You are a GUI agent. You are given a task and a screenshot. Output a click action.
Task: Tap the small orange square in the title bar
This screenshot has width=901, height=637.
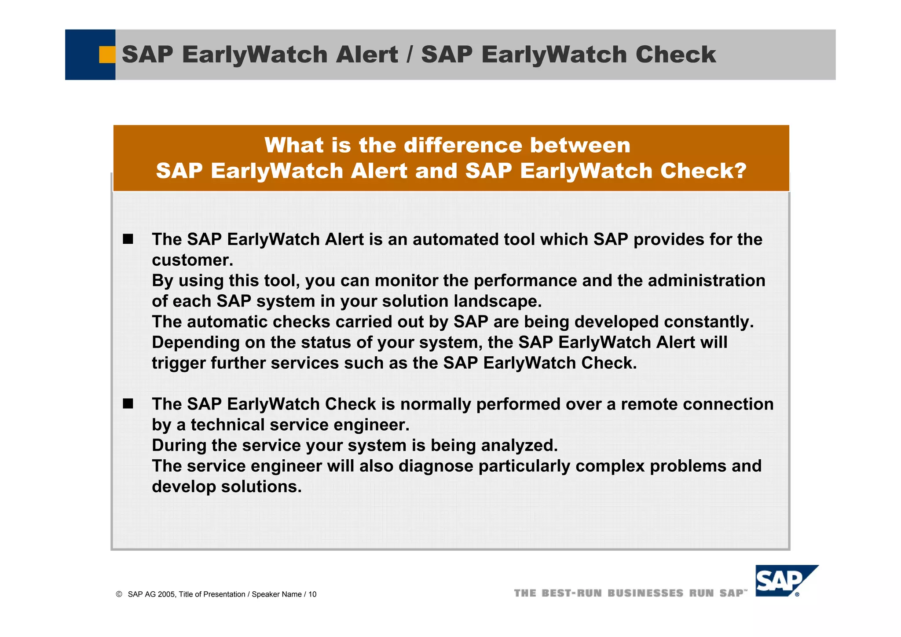[x=107, y=55]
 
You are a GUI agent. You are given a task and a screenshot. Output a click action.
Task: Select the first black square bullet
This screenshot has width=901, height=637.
[x=128, y=239]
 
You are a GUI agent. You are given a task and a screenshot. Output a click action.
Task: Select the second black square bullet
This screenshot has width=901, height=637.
[x=128, y=404]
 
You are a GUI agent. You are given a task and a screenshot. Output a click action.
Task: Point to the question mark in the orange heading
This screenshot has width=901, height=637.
[x=740, y=171]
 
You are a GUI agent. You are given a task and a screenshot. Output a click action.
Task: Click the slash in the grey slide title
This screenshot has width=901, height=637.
[x=410, y=55]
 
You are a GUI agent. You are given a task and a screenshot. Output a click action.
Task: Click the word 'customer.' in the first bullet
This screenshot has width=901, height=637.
[x=192, y=260]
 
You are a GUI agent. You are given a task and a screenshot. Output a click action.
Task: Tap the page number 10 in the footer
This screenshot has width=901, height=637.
[x=312, y=594]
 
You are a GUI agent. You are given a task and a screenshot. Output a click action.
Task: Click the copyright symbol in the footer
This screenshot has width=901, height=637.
[x=119, y=594]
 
